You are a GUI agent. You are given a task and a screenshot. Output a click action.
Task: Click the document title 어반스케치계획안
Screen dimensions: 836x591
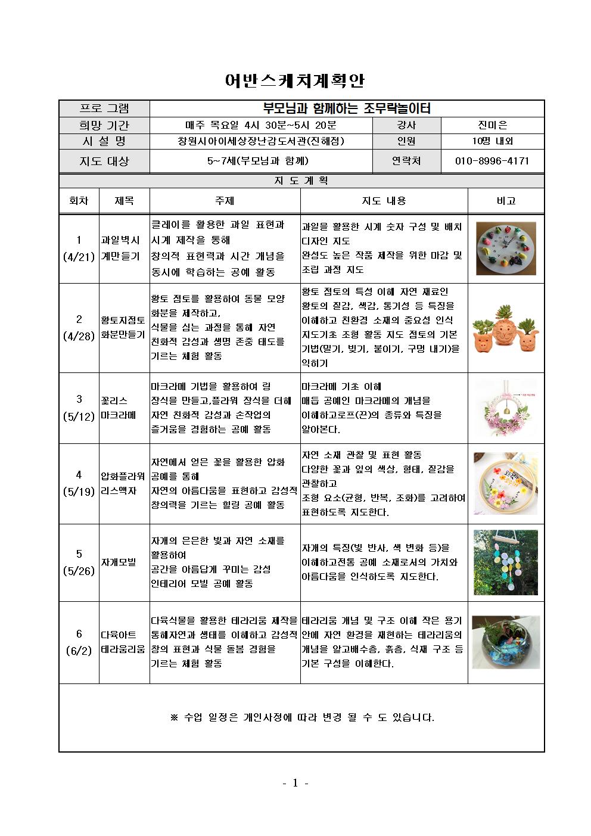coord(295,80)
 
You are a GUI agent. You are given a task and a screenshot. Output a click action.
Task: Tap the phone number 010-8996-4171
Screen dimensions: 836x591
coord(492,161)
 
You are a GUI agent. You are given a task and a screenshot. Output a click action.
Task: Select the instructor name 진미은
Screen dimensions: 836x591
coord(492,125)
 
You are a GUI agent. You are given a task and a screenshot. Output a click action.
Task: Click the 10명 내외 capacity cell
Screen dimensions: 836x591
coord(492,141)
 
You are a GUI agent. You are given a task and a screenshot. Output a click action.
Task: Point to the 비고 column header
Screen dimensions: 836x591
coord(506,201)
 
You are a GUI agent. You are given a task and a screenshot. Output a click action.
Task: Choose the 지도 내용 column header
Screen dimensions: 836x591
coord(384,201)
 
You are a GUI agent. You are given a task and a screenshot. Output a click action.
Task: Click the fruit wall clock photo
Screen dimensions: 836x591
coord(506,248)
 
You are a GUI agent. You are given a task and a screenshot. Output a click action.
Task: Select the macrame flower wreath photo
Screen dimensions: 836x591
coord(506,409)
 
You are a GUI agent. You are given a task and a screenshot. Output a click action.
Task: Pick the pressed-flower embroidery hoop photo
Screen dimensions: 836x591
coord(506,483)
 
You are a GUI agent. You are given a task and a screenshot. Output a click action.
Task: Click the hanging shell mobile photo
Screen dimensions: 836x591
coord(506,562)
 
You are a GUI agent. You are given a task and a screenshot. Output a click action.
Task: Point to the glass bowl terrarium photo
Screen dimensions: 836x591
coord(506,642)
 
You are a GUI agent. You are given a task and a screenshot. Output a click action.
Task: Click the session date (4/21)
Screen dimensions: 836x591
coord(79,257)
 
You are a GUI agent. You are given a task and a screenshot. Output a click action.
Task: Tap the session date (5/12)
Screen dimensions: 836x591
coord(79,416)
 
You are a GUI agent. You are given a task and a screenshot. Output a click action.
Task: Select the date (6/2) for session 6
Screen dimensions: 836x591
coord(79,650)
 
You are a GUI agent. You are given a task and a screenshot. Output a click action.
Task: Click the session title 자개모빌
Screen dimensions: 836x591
coord(119,562)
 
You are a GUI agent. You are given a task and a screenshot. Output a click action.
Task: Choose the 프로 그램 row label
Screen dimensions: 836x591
coord(104,108)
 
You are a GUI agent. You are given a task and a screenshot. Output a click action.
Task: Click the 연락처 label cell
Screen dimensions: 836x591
coord(406,161)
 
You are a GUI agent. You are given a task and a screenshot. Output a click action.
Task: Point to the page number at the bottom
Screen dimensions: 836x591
coord(295,783)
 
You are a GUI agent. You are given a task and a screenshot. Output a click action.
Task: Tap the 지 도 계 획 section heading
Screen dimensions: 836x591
coord(301,181)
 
